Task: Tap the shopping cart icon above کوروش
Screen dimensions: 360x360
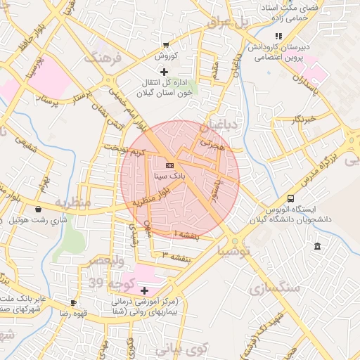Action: [165, 44]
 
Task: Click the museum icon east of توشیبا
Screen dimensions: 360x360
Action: [319, 246]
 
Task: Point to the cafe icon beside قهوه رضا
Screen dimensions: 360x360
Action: [74, 302]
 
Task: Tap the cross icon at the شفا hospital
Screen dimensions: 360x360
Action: [144, 290]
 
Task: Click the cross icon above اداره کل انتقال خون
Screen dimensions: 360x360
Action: [164, 71]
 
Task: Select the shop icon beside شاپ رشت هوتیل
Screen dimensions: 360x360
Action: [38, 209]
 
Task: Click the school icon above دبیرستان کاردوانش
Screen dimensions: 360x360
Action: [278, 35]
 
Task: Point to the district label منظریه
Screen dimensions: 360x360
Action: [74, 203]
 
